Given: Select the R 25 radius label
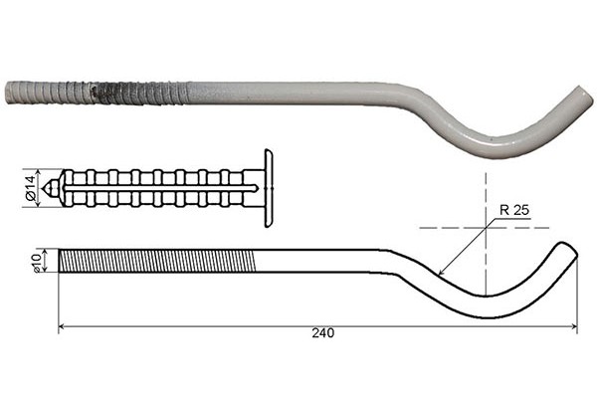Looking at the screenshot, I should point(510,212).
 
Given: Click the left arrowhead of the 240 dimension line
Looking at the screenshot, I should point(62,325).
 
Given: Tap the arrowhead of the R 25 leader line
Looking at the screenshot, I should point(441,274).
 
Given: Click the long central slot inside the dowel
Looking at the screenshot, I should point(159,186).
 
